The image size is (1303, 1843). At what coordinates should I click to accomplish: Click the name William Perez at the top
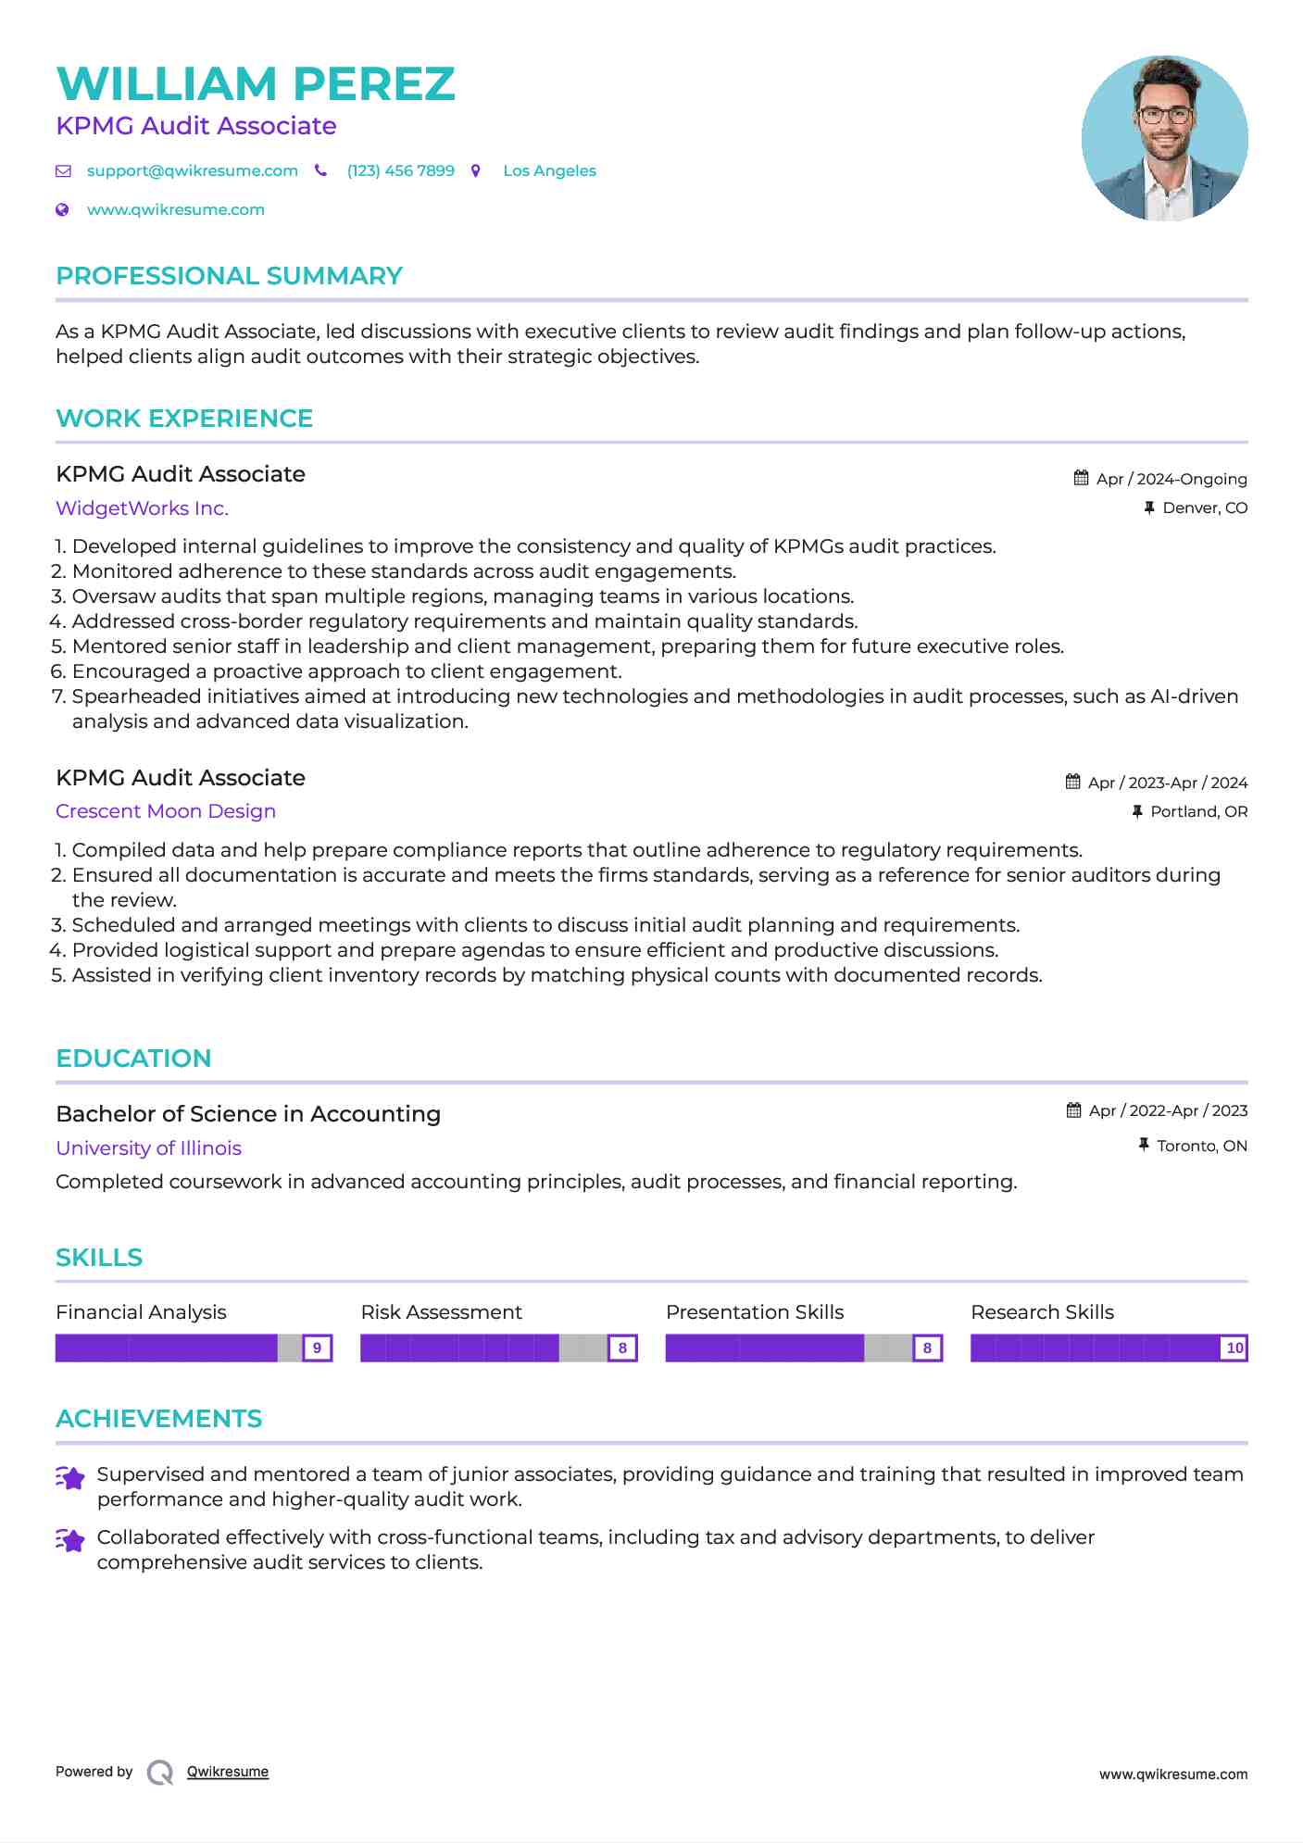click(256, 84)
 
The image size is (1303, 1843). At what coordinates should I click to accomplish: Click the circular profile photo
click(1164, 138)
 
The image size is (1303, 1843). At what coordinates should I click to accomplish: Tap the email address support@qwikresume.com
click(192, 171)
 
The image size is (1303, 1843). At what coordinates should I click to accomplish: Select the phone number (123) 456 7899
click(400, 171)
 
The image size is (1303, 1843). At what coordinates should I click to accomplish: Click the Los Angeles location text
click(549, 171)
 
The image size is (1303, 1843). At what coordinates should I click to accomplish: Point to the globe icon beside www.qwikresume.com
click(63, 210)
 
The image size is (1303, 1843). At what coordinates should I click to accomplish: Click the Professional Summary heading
click(229, 276)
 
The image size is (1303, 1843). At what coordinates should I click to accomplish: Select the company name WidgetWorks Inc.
click(142, 508)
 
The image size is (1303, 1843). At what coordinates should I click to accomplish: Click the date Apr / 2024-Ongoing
click(1171, 479)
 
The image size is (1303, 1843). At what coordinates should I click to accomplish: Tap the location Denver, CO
click(1204, 508)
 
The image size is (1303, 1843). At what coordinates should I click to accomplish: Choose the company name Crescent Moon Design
click(166, 811)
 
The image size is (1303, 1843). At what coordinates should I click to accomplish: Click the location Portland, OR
click(1198, 812)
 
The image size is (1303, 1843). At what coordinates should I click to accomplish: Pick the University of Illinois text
click(148, 1148)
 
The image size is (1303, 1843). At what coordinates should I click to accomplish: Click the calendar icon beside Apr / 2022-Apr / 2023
click(1073, 1110)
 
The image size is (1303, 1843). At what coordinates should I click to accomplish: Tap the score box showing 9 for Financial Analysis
click(318, 1348)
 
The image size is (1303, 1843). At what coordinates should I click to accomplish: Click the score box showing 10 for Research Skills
click(1234, 1348)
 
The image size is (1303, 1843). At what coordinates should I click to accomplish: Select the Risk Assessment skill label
click(441, 1312)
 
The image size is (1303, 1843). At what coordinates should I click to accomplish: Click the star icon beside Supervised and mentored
click(70, 1478)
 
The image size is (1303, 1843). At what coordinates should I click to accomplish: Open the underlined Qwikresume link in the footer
click(228, 1772)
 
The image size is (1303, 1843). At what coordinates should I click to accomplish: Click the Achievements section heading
click(158, 1419)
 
